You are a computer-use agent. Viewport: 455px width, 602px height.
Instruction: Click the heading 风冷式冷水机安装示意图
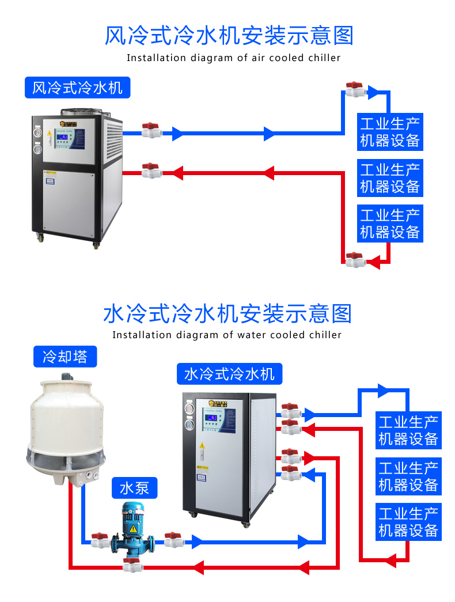[x=229, y=35]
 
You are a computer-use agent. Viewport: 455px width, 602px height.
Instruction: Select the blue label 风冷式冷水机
[x=77, y=88]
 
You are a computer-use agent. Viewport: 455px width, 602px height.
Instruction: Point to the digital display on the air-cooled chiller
[x=69, y=135]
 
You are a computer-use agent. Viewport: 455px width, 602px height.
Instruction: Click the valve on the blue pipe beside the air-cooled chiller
[x=151, y=130]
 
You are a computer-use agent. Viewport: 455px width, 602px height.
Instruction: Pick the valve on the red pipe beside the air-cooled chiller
[x=151, y=171]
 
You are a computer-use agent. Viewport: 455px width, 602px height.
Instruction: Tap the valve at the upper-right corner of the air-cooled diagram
[x=355, y=90]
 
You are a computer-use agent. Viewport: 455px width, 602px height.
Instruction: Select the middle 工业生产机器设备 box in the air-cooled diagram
[x=390, y=178]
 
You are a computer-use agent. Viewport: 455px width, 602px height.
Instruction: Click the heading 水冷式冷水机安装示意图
[x=227, y=314]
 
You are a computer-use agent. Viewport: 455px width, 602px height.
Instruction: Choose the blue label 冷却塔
[x=65, y=357]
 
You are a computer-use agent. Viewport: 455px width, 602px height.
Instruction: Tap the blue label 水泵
[x=134, y=489]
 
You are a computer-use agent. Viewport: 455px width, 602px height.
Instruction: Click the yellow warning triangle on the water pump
[x=133, y=528]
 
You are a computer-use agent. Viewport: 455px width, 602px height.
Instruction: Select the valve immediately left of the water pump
[x=100, y=540]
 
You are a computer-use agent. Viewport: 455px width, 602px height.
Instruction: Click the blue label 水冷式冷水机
[x=229, y=374]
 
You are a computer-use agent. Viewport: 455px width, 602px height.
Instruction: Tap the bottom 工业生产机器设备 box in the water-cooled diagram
[x=408, y=521]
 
